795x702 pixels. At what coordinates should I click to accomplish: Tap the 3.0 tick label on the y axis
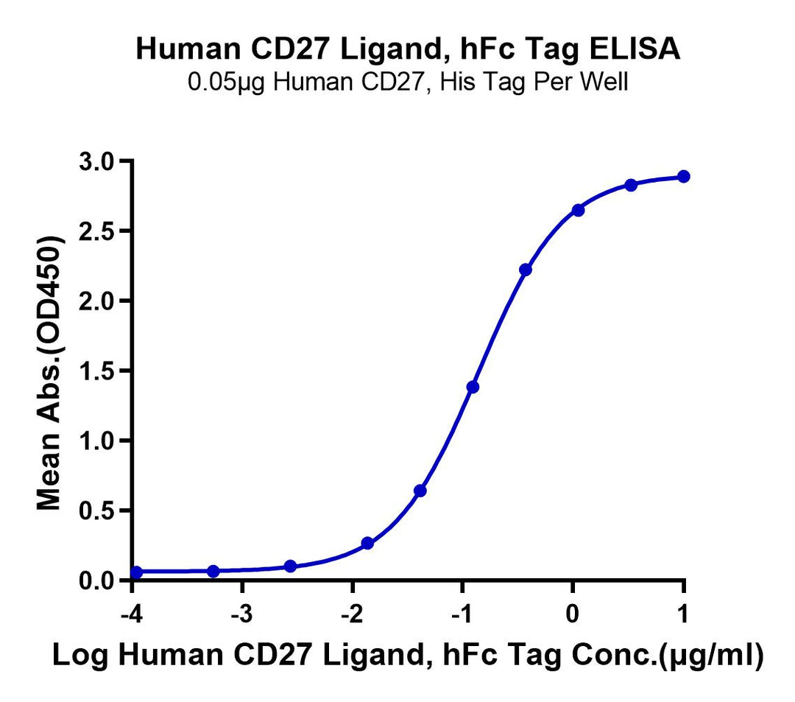pyautogui.click(x=100, y=161)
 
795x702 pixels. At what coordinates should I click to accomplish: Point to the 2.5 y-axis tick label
pyautogui.click(x=100, y=231)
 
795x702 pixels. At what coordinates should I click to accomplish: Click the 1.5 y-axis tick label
pyautogui.click(x=100, y=371)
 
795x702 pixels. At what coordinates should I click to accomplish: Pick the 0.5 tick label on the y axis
pyautogui.click(x=100, y=510)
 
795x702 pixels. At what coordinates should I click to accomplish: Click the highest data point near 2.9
pyautogui.click(x=684, y=176)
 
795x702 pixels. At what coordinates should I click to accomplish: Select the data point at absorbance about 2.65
pyautogui.click(x=578, y=210)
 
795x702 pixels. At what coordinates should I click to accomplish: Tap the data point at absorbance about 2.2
pyautogui.click(x=525, y=270)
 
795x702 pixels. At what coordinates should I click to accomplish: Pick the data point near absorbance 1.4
pyautogui.click(x=473, y=387)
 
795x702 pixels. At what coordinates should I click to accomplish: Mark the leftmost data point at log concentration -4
pyautogui.click(x=136, y=572)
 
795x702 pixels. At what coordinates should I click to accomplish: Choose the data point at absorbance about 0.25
pyautogui.click(x=367, y=544)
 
